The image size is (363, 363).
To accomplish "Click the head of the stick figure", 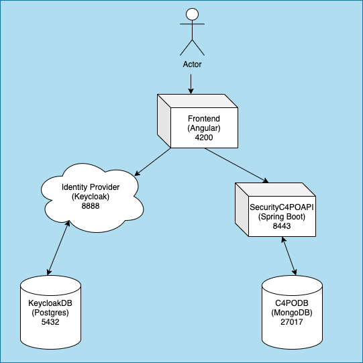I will point(192,15).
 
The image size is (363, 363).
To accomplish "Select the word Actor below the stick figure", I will point(192,64).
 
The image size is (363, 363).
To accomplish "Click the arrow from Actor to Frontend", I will point(191,83).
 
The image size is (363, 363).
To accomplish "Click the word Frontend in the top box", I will point(204,117).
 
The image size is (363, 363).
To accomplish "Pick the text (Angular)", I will point(204,127).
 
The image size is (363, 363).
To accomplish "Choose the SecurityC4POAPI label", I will point(282,207).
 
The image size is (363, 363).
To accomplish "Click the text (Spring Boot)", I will point(282,217).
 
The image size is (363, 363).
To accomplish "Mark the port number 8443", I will point(282,227).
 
